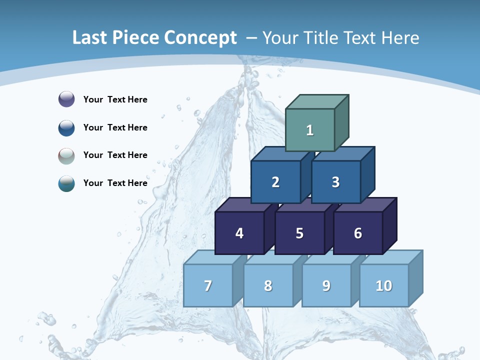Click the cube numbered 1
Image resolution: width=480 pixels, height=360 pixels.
(310, 130)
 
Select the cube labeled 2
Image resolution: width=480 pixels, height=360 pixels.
(275, 182)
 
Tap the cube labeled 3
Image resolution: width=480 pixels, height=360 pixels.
(335, 182)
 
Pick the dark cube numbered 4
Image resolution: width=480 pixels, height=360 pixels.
(239, 233)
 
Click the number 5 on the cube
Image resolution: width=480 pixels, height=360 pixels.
(299, 233)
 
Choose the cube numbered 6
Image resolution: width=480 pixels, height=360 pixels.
(358, 233)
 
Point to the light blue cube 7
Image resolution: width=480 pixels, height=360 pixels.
(208, 285)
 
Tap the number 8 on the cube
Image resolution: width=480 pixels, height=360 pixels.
(268, 286)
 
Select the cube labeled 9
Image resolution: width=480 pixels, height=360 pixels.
(326, 285)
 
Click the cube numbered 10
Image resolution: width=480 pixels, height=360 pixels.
(384, 285)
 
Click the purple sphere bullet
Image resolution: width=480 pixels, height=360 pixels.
(66, 99)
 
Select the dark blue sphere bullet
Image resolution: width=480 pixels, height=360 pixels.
(66, 127)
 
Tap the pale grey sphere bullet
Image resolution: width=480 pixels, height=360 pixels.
(66, 155)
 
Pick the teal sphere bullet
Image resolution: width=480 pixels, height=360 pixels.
(66, 183)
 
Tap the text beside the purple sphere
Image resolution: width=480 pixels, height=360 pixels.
(115, 99)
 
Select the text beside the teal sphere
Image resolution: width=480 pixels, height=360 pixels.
(115, 183)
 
